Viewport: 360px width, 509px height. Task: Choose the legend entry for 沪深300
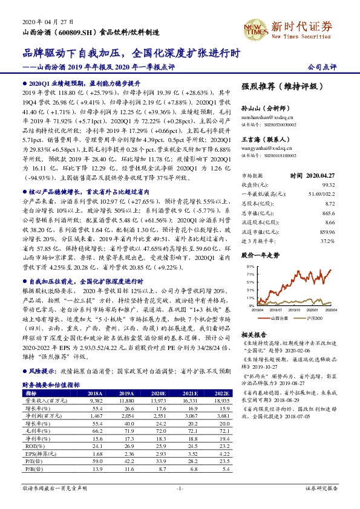[x=313, y=317]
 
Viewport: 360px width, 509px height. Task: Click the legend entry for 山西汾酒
[x=279, y=317]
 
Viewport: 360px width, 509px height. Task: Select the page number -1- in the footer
[x=180, y=504]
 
